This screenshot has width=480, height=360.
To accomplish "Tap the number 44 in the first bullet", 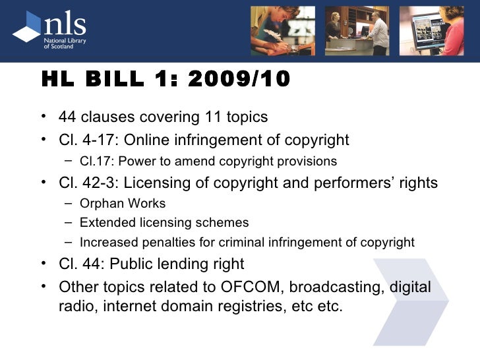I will (67, 117).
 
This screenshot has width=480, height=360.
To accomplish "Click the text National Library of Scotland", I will (65, 42).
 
